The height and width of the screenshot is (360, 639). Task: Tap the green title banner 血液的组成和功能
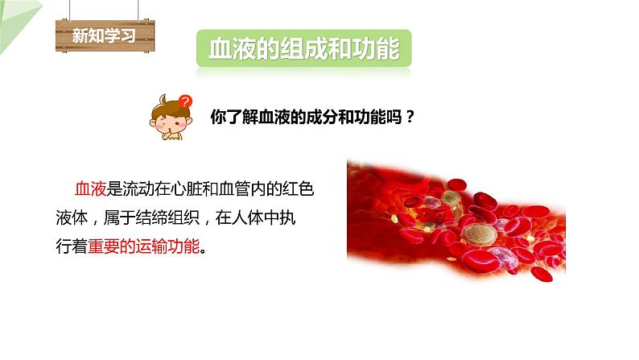click(303, 49)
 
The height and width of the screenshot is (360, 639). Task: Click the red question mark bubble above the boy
click(186, 101)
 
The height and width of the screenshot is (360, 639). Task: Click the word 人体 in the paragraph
click(262, 217)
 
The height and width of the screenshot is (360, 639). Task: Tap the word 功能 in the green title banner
click(377, 49)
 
